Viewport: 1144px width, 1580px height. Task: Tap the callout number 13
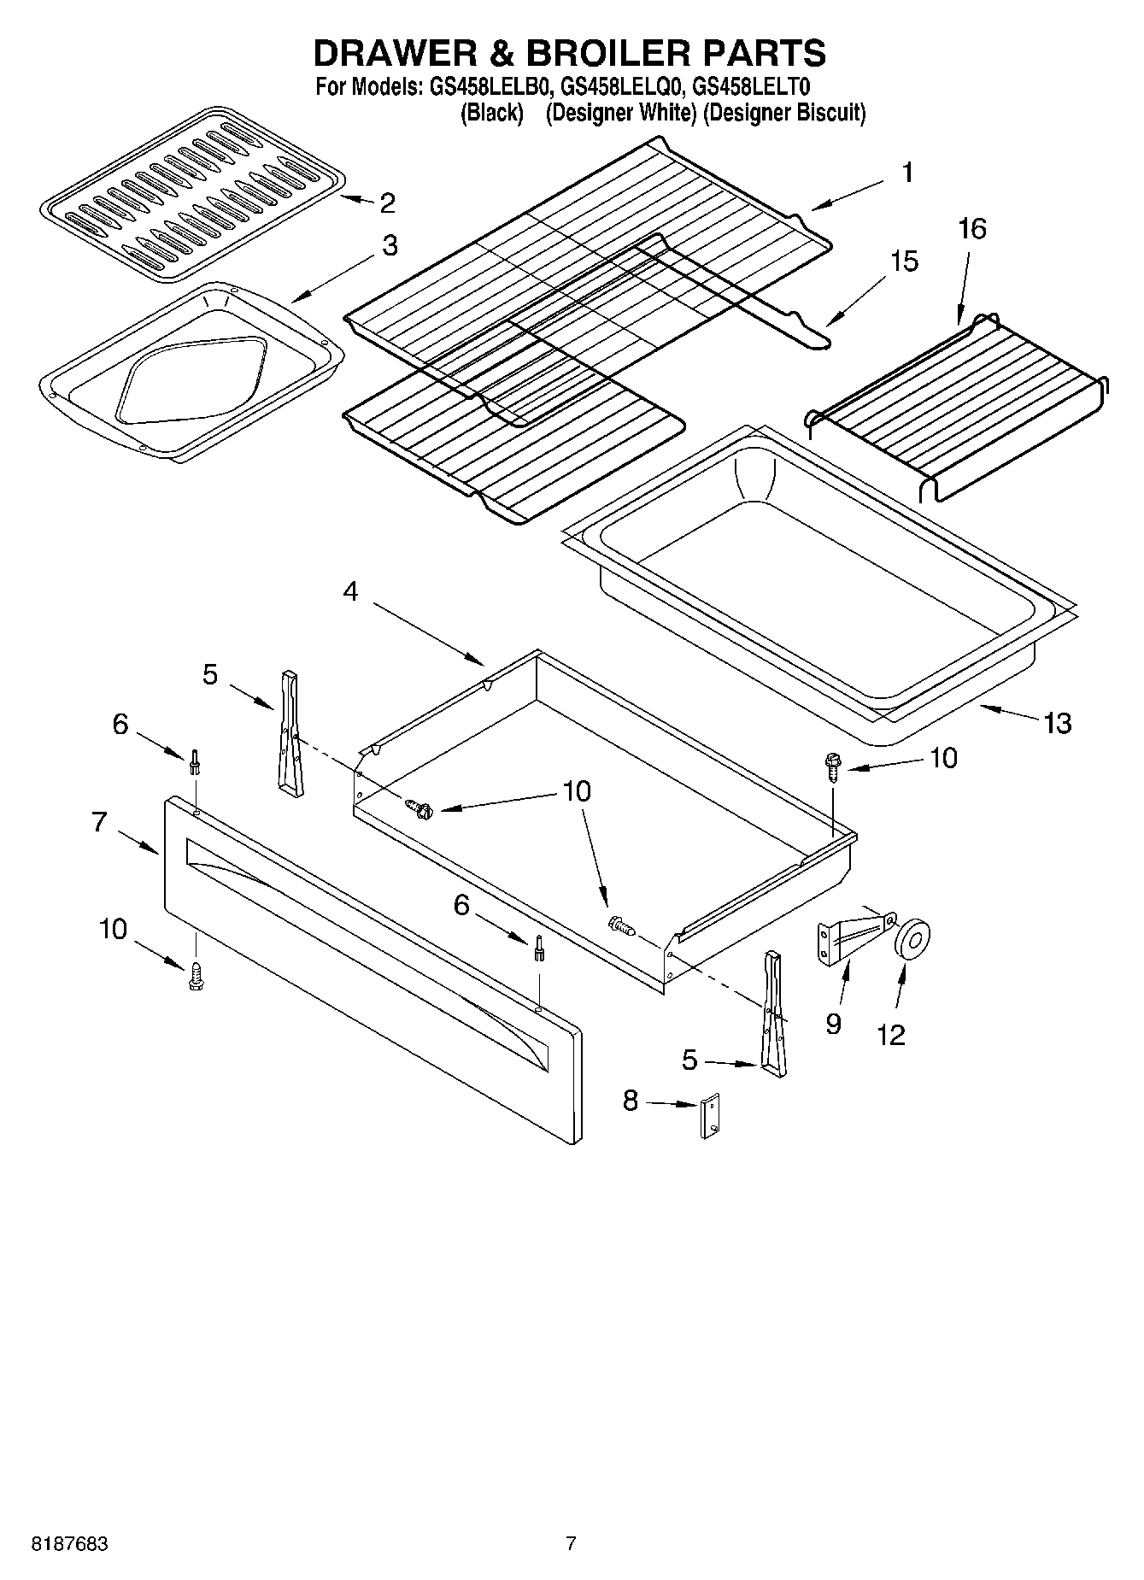[1057, 724]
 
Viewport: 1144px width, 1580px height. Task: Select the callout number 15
[904, 261]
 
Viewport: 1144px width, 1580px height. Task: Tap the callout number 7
[99, 822]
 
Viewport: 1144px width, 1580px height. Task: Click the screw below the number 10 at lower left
[195, 977]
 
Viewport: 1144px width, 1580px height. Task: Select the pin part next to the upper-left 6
[195, 761]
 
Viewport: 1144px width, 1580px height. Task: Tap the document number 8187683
[69, 1543]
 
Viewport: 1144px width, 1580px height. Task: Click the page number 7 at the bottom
[571, 1543]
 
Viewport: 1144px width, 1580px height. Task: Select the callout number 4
[351, 591]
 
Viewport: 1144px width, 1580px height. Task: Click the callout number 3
[389, 246]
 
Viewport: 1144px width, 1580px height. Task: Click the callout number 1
[907, 173]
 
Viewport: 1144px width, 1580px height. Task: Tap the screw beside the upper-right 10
[832, 763]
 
